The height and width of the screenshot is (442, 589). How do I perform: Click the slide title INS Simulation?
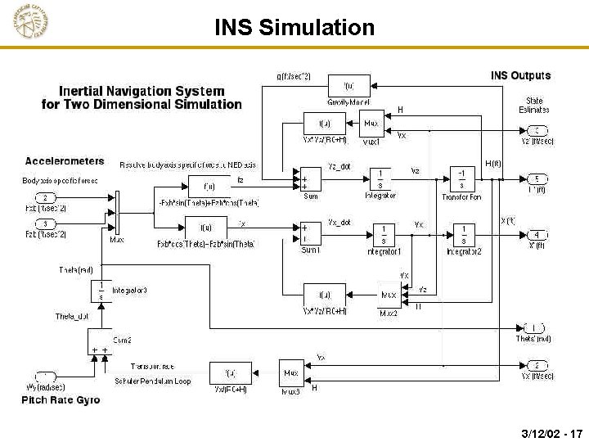click(x=294, y=28)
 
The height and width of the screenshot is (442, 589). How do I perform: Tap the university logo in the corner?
click(x=30, y=22)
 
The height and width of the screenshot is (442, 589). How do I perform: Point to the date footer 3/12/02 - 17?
click(x=550, y=431)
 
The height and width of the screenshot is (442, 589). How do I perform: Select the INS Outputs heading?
click(x=520, y=76)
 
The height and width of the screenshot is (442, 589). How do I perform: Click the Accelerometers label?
click(x=65, y=161)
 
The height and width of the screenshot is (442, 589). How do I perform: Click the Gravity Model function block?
click(x=348, y=86)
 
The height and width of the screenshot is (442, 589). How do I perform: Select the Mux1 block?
click(x=371, y=124)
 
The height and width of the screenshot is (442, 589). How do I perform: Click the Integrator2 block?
click(x=463, y=234)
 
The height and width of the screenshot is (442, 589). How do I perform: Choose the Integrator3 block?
click(x=100, y=291)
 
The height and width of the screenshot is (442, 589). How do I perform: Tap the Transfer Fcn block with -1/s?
click(x=462, y=178)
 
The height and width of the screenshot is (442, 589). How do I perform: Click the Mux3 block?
click(x=290, y=374)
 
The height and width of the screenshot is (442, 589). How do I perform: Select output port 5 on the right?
click(x=537, y=178)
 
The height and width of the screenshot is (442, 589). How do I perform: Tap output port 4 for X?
click(x=537, y=235)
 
